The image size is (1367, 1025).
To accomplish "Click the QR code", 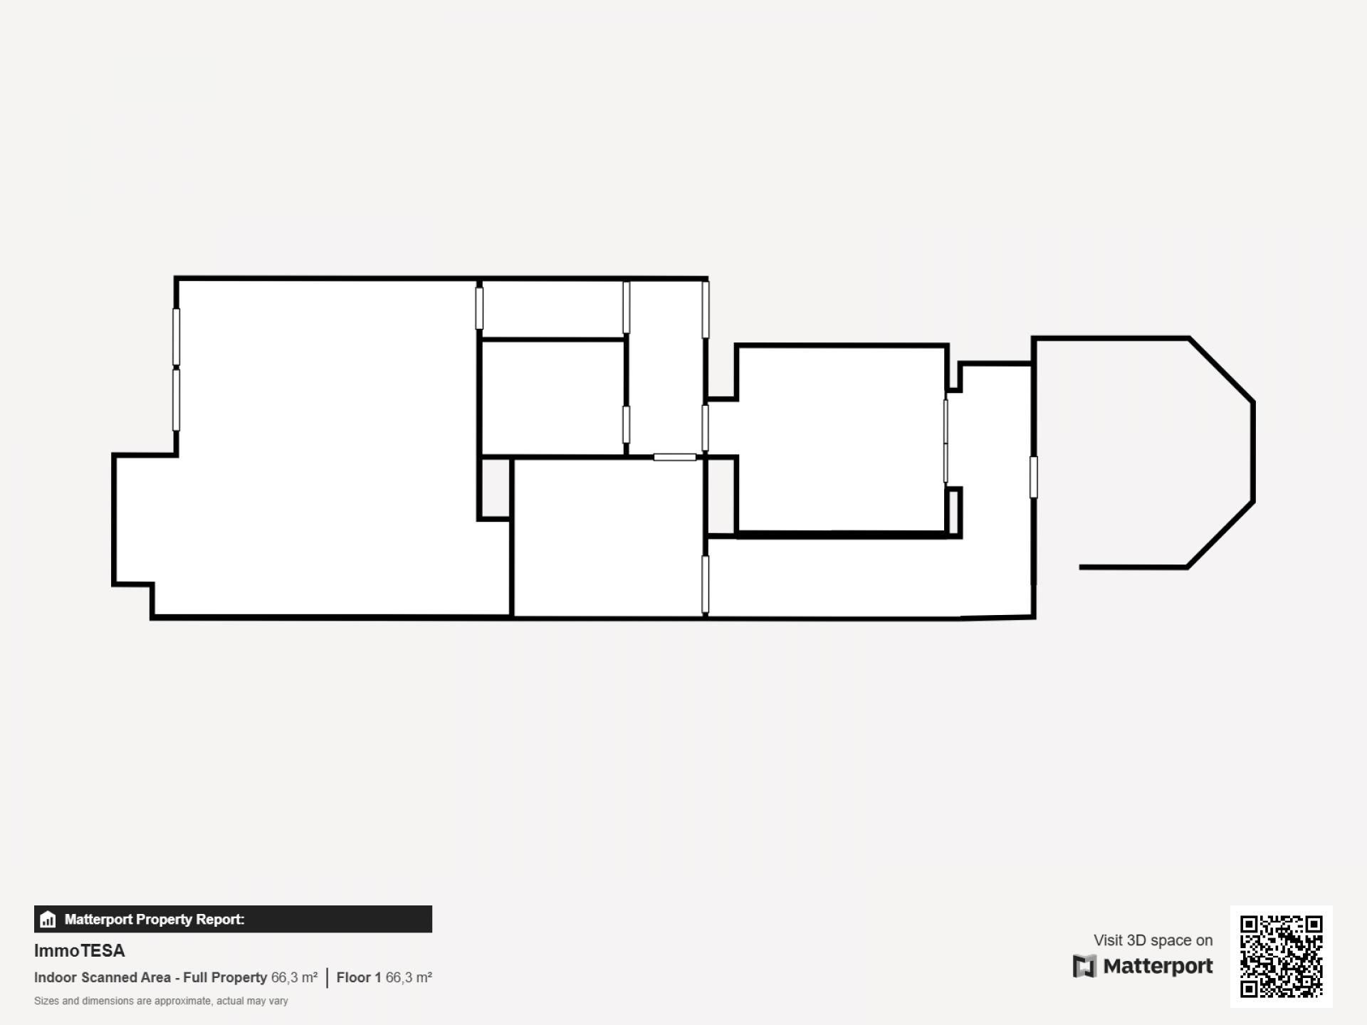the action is click(1281, 956).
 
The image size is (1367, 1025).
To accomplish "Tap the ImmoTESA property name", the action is click(80, 951).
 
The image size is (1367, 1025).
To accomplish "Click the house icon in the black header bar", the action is click(48, 919).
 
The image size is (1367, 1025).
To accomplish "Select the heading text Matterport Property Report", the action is click(154, 919).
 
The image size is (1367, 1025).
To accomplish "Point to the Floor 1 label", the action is click(359, 977).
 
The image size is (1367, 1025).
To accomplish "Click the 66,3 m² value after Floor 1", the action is click(409, 977).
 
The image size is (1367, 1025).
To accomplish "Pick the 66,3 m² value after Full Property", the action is click(294, 977).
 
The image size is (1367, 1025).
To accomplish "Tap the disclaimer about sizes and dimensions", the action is click(161, 1001).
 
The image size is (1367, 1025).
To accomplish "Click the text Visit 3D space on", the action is click(1153, 940).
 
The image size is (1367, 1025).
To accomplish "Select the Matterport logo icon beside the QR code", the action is click(1084, 967).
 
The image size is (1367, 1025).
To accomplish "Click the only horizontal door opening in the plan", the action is click(675, 457).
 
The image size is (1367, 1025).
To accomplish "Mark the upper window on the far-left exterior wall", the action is click(177, 337).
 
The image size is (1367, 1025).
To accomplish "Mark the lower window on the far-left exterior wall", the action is click(177, 399).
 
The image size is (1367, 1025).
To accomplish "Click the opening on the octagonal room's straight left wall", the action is click(1034, 477).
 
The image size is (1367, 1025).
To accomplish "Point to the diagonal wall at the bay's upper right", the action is click(1221, 370).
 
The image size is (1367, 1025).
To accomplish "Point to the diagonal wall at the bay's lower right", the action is click(1220, 534).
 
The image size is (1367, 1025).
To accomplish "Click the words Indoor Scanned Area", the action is click(103, 977).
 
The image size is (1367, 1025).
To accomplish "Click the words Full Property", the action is click(225, 977).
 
